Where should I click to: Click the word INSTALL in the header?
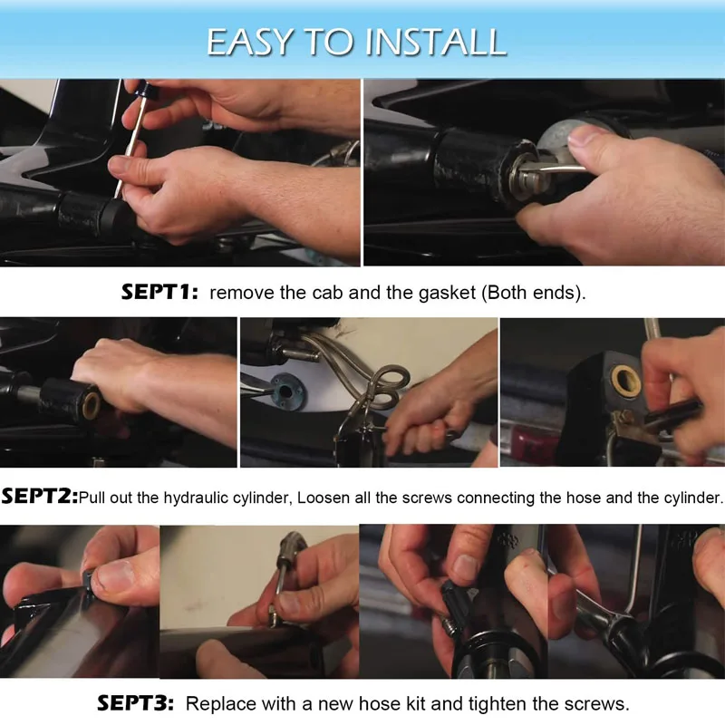[x=436, y=42]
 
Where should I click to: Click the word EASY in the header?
[x=250, y=42]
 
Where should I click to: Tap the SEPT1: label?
[x=160, y=292]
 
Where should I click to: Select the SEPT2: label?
[x=40, y=497]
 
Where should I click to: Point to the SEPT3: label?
[x=135, y=703]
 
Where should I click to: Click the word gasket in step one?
[x=447, y=293]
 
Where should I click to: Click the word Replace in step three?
[x=221, y=704]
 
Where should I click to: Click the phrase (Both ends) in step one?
[x=533, y=293]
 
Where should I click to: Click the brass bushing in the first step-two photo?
[x=92, y=403]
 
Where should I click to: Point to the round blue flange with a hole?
[x=286, y=392]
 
